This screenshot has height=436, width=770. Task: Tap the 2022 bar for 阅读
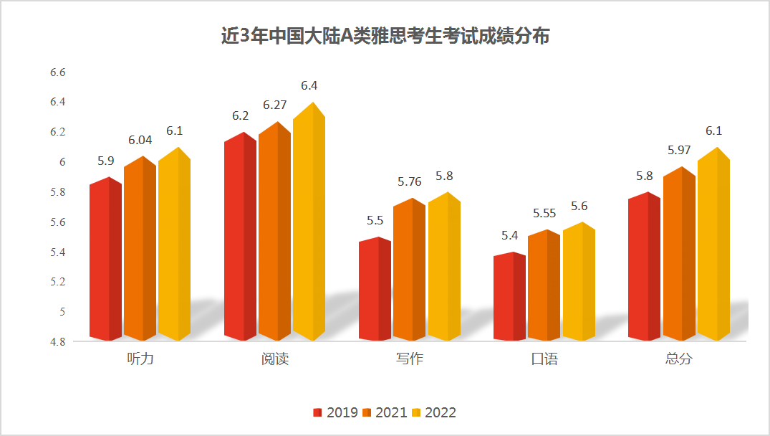click(x=309, y=222)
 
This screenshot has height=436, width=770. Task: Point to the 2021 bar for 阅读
click(x=274, y=232)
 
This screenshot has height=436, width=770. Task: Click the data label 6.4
click(x=309, y=86)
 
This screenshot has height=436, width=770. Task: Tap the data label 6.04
click(x=139, y=141)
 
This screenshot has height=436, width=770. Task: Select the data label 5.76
click(x=410, y=182)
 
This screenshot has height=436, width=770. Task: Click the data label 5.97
click(x=680, y=151)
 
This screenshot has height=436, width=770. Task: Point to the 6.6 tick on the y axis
click(x=57, y=72)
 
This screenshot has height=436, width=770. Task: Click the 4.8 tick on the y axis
click(x=57, y=342)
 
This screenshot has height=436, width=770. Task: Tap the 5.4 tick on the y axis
click(x=57, y=252)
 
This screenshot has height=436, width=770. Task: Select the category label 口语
click(x=544, y=359)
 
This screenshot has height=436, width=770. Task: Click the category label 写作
click(x=409, y=359)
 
